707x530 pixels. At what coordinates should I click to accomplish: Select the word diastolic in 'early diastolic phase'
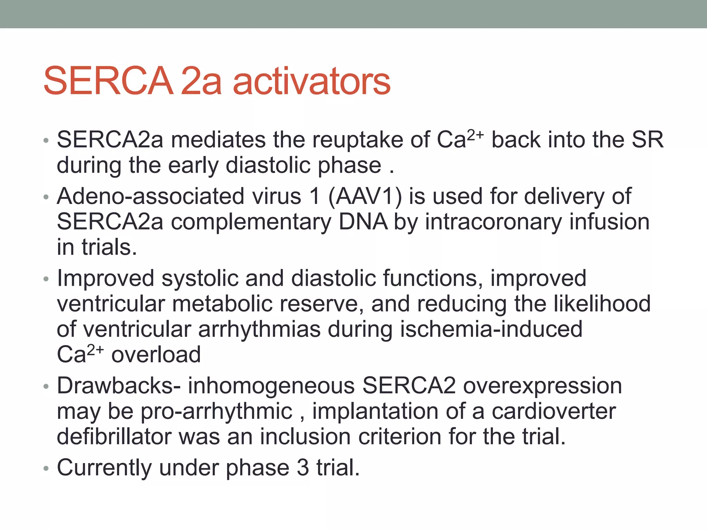pos(268,166)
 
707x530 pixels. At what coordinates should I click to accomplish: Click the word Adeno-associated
pos(151,196)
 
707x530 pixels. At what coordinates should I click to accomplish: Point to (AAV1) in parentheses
pos(365,196)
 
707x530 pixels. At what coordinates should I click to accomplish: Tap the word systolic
pos(200,278)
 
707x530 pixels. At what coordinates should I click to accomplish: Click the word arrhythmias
pos(259,329)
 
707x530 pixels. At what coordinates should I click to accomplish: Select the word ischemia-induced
pos(491,329)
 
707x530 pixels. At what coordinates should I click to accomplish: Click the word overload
pos(156,355)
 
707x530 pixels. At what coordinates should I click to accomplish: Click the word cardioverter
pos(553,411)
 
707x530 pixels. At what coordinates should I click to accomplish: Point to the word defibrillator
pos(114,437)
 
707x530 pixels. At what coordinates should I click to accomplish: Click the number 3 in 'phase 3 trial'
pos(303,468)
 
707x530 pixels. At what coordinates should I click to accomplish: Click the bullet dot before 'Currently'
pos(46,469)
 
